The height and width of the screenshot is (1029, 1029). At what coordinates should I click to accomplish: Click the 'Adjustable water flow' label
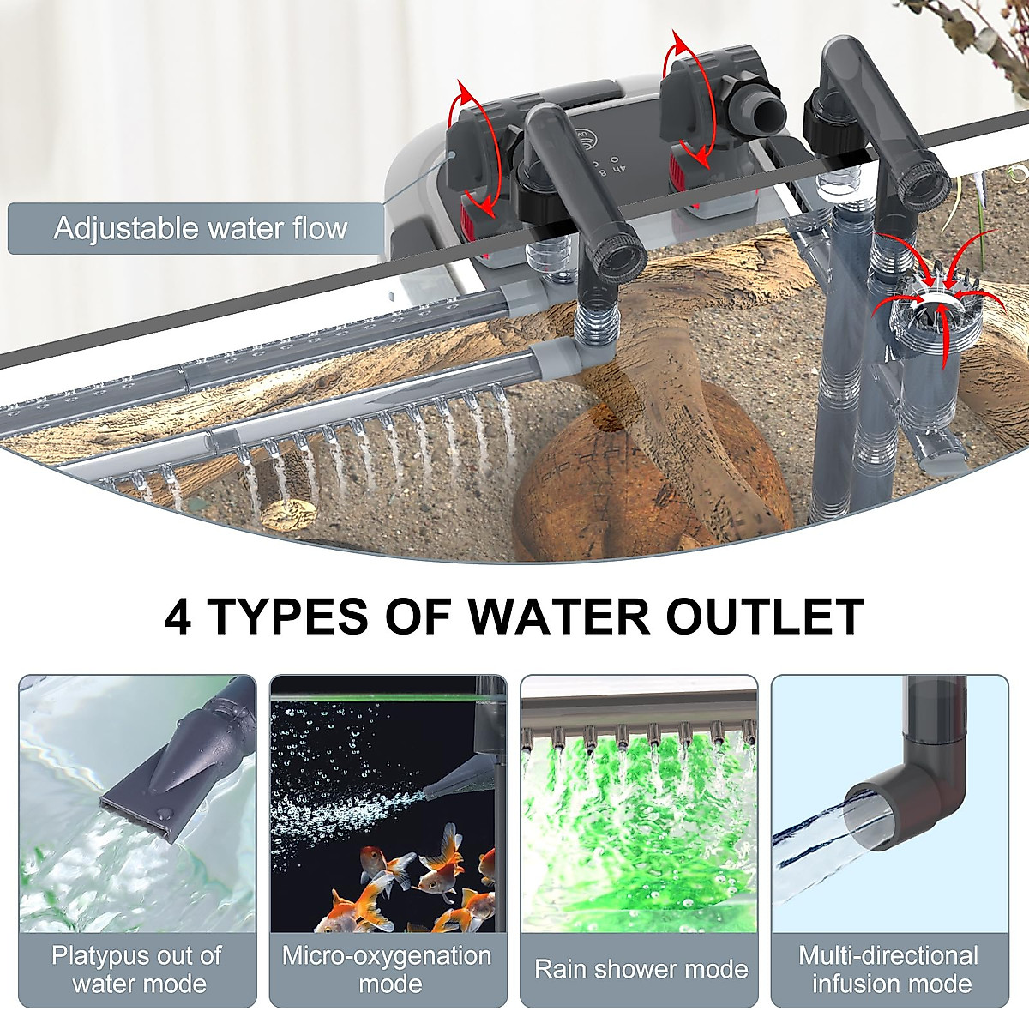199,229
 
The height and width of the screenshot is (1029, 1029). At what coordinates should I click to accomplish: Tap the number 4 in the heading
178,617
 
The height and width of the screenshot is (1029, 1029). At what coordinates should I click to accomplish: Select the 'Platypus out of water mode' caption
137,970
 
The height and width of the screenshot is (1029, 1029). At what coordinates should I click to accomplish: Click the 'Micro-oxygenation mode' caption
388,970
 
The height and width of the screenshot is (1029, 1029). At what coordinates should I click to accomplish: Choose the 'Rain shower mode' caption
641,970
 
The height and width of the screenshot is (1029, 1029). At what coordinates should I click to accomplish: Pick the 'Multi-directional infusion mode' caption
889,970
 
